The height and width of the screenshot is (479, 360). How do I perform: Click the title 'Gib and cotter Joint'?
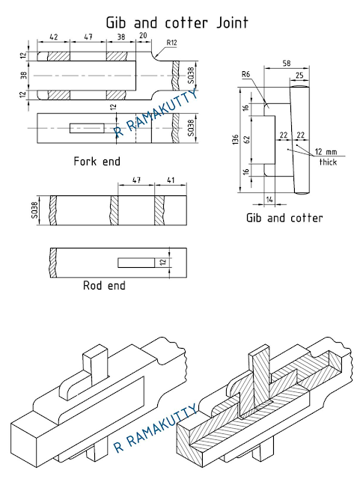tap(179, 22)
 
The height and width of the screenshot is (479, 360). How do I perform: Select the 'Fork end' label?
tap(97, 161)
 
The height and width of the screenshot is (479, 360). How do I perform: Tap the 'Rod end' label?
tap(104, 285)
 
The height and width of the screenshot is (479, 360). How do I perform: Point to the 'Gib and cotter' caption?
tap(284, 219)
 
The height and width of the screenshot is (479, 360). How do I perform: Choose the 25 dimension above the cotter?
tap(299, 76)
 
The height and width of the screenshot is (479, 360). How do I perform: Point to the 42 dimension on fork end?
tap(54, 36)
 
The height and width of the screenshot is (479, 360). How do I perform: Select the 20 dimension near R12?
tap(143, 36)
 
